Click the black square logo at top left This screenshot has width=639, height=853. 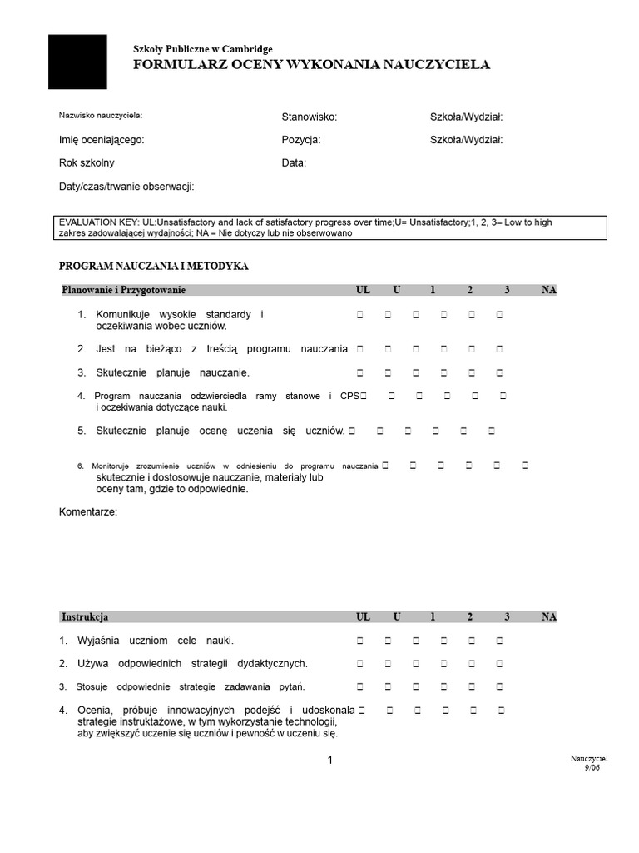tap(77, 62)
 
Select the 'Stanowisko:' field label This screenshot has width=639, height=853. tap(310, 118)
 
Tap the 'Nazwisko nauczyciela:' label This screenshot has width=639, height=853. tap(101, 115)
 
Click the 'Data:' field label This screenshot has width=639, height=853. tap(294, 163)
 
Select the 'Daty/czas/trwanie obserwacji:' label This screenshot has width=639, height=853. tap(126, 187)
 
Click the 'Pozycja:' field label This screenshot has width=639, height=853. tap(301, 141)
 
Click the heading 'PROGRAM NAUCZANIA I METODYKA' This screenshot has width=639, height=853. tap(154, 267)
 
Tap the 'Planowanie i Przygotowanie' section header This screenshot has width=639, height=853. tap(123, 290)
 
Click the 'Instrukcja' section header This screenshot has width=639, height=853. tap(85, 617)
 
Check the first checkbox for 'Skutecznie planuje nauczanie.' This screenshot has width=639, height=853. tap(361, 373)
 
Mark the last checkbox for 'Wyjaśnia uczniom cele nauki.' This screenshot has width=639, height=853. tap(500, 641)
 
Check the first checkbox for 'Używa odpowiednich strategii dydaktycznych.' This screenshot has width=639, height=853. tap(361, 665)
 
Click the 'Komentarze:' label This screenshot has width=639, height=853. tap(88, 511)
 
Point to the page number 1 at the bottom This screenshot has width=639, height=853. tap(330, 760)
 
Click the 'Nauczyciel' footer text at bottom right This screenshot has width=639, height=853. tap(589, 759)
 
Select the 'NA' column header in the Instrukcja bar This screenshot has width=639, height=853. tap(548, 617)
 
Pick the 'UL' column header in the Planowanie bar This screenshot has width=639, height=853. tap(363, 290)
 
